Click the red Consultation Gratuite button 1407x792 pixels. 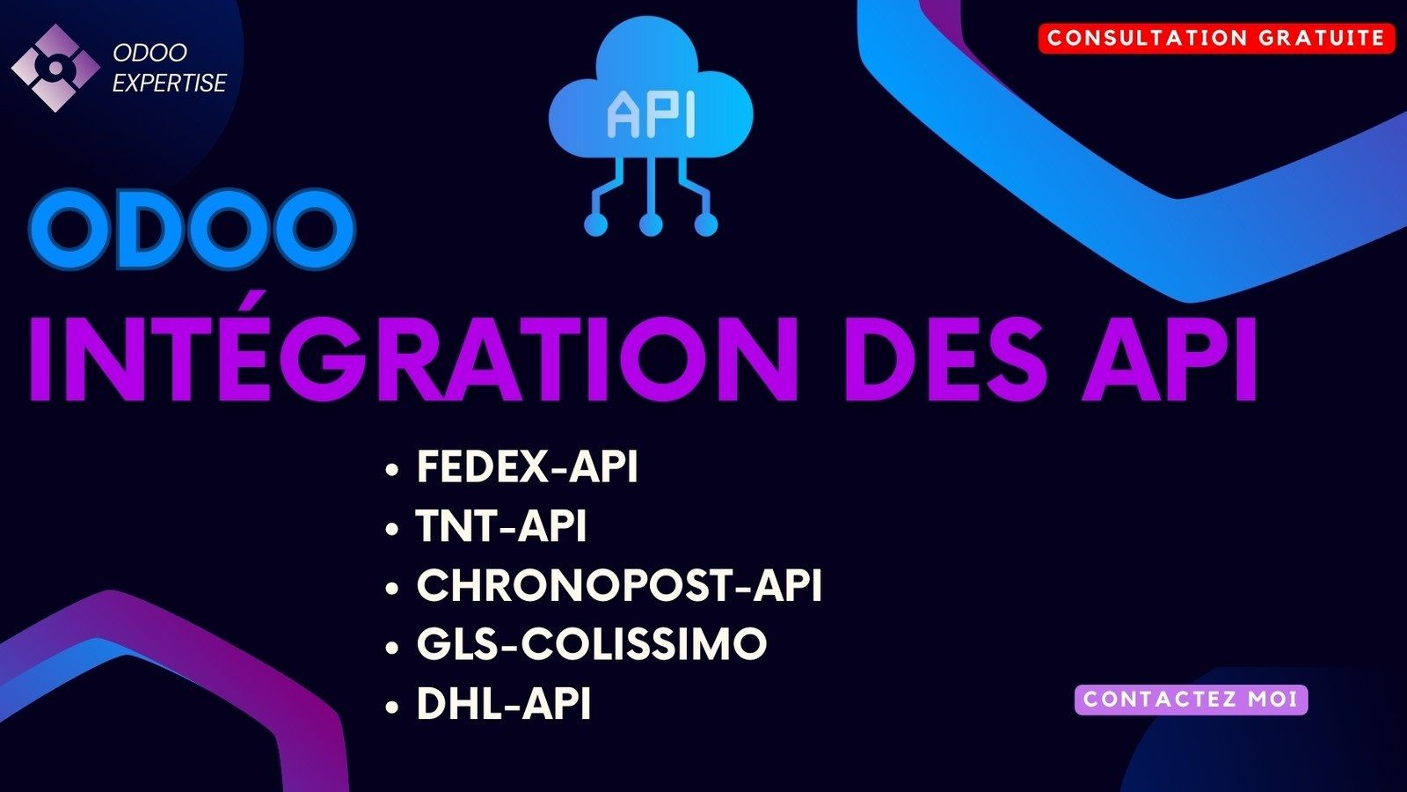click(x=1216, y=39)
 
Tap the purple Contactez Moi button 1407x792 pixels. click(x=1191, y=700)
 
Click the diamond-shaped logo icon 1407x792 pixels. click(x=55, y=68)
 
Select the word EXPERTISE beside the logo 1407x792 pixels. click(x=170, y=84)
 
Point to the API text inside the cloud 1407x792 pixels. click(x=651, y=114)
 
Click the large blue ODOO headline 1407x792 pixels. click(x=193, y=230)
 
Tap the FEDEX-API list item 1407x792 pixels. click(x=527, y=466)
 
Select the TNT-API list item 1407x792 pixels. click(x=500, y=525)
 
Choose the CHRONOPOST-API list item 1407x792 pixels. click(x=619, y=585)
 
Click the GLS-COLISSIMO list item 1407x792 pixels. click(x=592, y=643)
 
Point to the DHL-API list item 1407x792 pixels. click(x=504, y=703)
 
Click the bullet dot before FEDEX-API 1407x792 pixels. click(x=392, y=470)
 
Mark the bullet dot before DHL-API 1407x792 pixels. click(x=392, y=708)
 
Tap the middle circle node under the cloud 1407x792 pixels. click(x=651, y=224)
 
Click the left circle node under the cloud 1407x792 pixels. click(x=596, y=224)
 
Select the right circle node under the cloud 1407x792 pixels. click(x=705, y=224)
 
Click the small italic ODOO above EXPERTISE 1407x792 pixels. click(x=150, y=53)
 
